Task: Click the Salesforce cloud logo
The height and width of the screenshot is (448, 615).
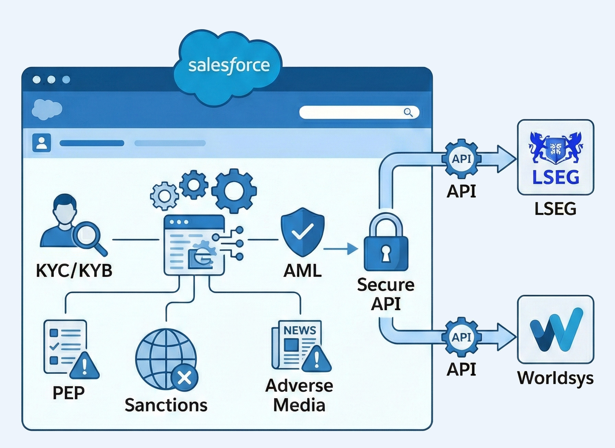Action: pos(228,67)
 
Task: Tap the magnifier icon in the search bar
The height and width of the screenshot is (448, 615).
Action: pos(408,112)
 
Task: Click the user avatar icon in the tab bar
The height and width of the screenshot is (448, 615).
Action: pos(42,143)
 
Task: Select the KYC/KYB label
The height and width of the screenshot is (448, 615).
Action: pos(74,271)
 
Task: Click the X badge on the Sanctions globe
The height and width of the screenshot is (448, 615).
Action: pos(185,378)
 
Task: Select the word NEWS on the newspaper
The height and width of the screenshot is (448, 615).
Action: pos(300,330)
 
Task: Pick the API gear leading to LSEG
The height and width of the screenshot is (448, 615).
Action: pos(462,159)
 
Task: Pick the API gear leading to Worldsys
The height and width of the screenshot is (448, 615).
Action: pos(462,337)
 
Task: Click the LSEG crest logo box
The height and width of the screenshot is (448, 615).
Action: pos(555,157)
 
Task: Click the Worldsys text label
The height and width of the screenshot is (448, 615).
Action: pos(555,378)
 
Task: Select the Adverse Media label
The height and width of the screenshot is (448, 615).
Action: pos(299,395)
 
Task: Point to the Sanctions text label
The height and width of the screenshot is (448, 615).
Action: pos(166,405)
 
